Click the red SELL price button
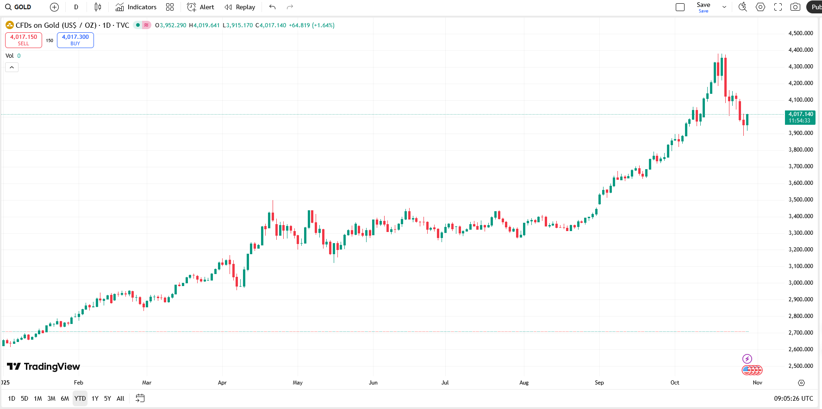point(24,40)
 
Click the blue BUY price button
point(75,40)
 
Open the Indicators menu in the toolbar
point(136,7)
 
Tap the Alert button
point(200,7)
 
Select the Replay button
point(240,7)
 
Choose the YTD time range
point(80,398)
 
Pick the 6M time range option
point(65,398)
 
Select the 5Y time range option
point(107,398)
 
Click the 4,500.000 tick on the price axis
point(801,33)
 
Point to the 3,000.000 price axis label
point(801,283)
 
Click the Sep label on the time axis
point(599,383)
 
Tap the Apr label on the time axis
point(222,383)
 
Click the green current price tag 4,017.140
point(800,117)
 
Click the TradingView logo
point(44,366)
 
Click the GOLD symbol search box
point(19,7)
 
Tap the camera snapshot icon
point(795,7)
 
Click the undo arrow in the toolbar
point(272,7)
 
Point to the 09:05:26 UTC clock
point(793,398)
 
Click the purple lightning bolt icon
point(747,359)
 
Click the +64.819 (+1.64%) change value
point(311,25)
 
